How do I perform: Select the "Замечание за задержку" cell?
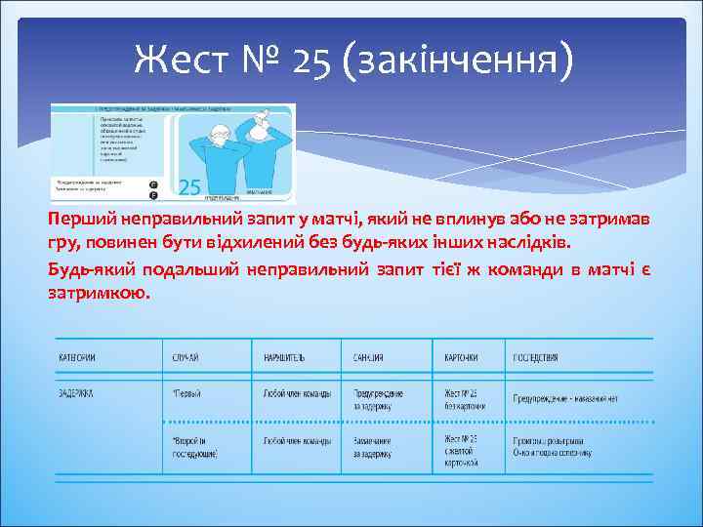pos(379,447)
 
